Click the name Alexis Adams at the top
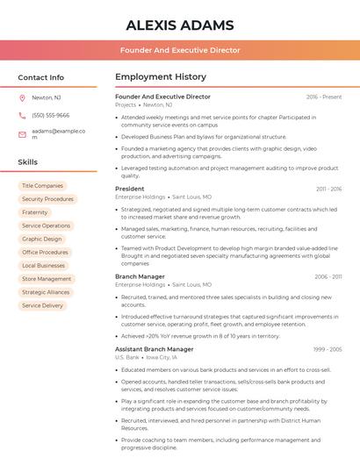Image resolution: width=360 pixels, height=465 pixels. click(x=180, y=25)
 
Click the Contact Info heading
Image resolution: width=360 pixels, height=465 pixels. click(x=40, y=77)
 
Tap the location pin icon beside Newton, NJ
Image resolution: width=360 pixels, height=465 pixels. click(x=22, y=98)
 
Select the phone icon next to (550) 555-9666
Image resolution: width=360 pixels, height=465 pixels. click(x=22, y=115)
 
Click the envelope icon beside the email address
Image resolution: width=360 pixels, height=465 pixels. click(x=22, y=133)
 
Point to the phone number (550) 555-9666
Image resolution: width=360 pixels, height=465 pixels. click(x=50, y=115)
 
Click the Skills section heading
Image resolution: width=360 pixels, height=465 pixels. click(x=27, y=162)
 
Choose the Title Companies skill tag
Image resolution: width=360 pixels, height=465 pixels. click(x=42, y=186)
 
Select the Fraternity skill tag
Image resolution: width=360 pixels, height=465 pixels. click(x=35, y=212)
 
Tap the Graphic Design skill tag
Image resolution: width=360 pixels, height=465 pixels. click(x=42, y=239)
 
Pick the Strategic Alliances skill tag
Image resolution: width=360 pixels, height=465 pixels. click(x=46, y=292)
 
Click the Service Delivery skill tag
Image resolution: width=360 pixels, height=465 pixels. click(x=42, y=305)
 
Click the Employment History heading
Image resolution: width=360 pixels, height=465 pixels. click(x=160, y=77)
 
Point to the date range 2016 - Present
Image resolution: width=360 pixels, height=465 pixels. click(x=324, y=97)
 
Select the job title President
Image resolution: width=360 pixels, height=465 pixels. click(x=129, y=189)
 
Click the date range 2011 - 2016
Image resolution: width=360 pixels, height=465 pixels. click(x=328, y=189)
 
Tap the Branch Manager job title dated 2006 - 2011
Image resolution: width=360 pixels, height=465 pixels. click(x=140, y=276)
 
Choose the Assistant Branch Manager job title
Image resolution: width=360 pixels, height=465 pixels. click(x=154, y=349)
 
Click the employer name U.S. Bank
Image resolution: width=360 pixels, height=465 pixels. click(x=127, y=358)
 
